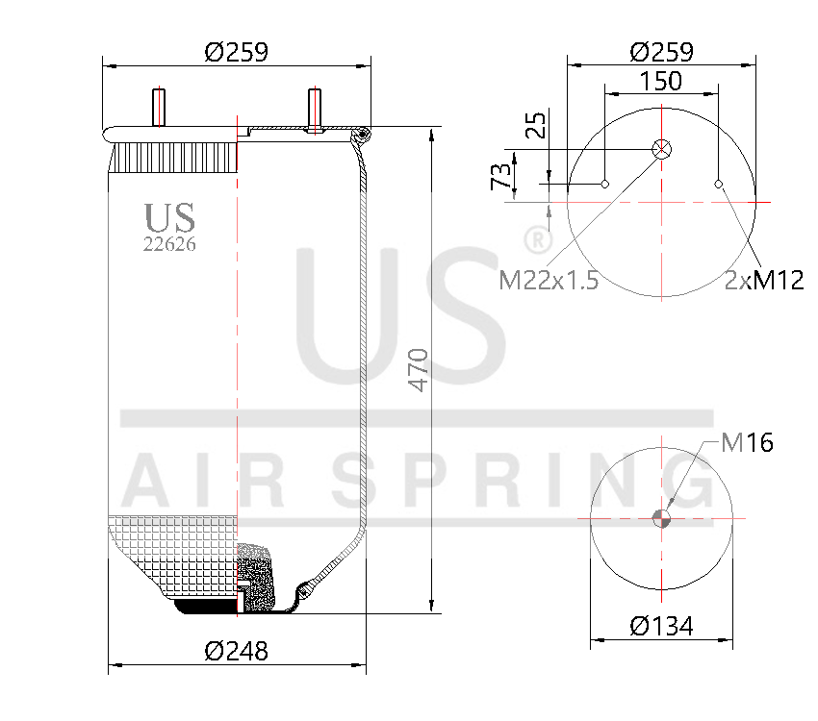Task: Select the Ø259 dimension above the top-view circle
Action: (661, 52)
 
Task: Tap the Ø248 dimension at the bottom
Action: (237, 651)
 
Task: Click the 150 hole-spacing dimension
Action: (661, 81)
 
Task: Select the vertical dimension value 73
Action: (500, 177)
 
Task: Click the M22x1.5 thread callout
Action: (549, 281)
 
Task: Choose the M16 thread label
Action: (747, 442)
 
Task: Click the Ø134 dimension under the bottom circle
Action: (661, 626)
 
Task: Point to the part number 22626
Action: (169, 244)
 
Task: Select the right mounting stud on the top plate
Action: (314, 107)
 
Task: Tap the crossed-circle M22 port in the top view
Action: (661, 149)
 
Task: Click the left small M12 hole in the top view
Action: (605, 184)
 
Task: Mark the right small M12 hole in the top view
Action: (719, 184)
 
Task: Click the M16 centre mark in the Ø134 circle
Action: (661, 518)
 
